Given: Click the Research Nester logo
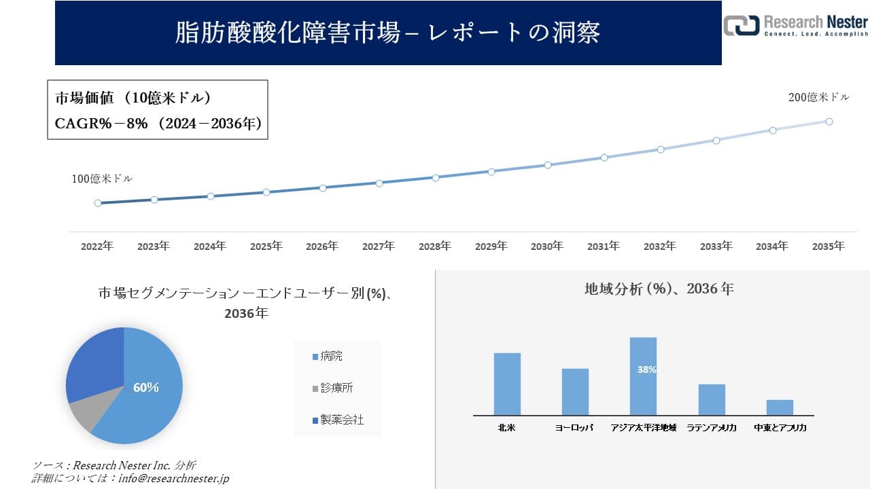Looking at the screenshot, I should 795,25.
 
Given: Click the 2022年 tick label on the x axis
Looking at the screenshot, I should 97,247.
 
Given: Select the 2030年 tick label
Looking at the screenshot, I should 547,247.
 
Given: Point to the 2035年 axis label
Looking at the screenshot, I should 829,247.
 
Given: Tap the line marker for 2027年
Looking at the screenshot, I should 379,183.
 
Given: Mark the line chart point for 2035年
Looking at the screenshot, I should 829,122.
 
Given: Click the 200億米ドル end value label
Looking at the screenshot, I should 818,98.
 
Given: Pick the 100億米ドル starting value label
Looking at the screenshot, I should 102,179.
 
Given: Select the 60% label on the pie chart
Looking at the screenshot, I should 145,388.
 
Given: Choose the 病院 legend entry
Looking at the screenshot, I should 332,357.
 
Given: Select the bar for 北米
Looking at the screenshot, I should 507,384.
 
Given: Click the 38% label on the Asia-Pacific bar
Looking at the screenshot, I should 646,370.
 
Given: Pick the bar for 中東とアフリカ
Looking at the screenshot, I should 780,407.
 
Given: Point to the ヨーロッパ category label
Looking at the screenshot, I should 574,428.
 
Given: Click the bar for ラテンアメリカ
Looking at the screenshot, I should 712,399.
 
